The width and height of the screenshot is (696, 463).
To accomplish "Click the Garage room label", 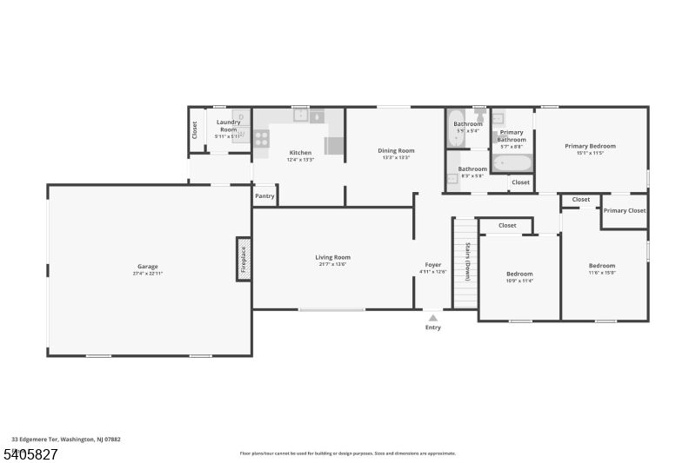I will pyautogui.click(x=147, y=266).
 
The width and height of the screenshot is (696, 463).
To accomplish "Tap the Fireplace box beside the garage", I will pyautogui.click(x=244, y=259).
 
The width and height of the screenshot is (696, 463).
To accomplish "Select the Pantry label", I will pyautogui.click(x=264, y=196).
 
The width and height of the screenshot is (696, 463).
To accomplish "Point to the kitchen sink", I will pyautogui.click(x=300, y=115).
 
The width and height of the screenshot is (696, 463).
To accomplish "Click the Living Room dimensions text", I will pyautogui.click(x=332, y=264).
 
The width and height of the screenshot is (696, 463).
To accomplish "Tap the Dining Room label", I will pyautogui.click(x=396, y=150).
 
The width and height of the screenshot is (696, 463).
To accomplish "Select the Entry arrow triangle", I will pyautogui.click(x=432, y=318).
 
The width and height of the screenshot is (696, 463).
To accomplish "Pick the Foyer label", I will pyautogui.click(x=432, y=265).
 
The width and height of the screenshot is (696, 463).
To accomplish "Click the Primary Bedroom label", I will pyautogui.click(x=590, y=146).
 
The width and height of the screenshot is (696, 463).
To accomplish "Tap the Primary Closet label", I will pyautogui.click(x=625, y=210).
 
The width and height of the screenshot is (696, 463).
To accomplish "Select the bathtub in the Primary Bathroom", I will pyautogui.click(x=511, y=162).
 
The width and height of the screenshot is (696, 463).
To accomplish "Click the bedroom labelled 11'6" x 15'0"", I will pyautogui.click(x=602, y=269).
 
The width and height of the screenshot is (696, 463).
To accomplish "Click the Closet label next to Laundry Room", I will pyautogui.click(x=194, y=130).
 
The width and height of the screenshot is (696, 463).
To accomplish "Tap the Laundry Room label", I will pyautogui.click(x=228, y=126).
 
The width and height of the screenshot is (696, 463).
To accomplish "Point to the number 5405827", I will pyautogui.click(x=30, y=453).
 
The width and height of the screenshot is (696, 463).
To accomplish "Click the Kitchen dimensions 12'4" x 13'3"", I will pyautogui.click(x=300, y=159).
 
